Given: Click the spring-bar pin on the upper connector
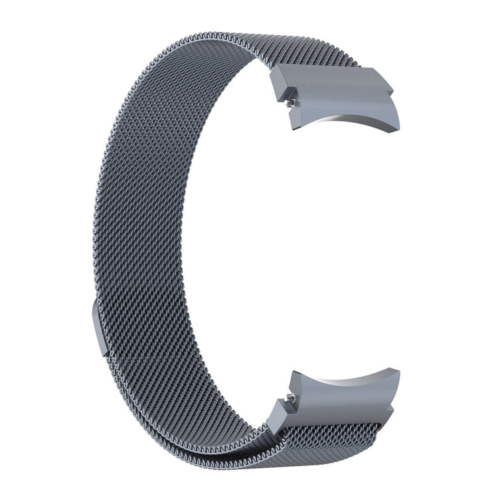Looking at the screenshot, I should coord(291,102).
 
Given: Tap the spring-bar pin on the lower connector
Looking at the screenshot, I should coord(291,398).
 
